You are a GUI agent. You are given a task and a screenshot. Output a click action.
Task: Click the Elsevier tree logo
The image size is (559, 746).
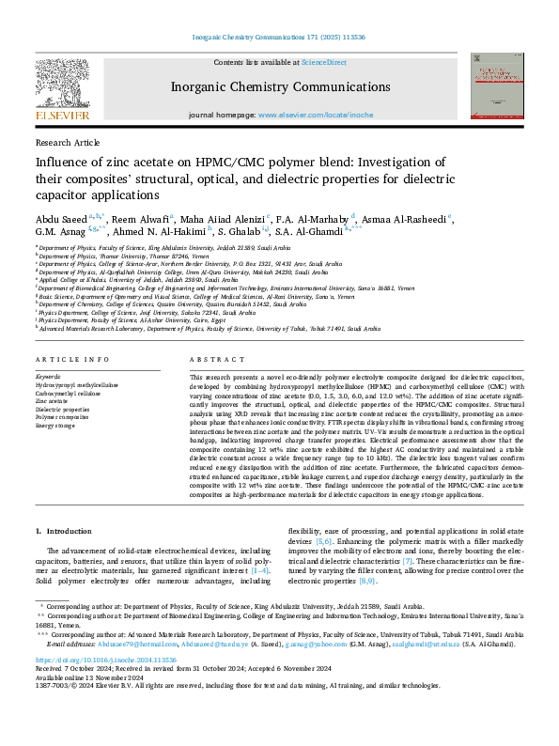tap(63, 88)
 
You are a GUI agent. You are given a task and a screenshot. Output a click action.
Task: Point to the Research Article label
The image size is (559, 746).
tap(67, 142)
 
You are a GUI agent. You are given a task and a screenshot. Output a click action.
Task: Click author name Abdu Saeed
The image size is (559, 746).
tap(62, 217)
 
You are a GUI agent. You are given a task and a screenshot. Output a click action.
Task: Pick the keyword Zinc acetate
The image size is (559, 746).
tap(53, 401)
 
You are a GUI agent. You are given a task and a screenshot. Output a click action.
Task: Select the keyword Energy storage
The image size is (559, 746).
tap(56, 426)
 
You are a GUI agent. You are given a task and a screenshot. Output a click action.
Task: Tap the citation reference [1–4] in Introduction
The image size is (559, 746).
tap(259, 569)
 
